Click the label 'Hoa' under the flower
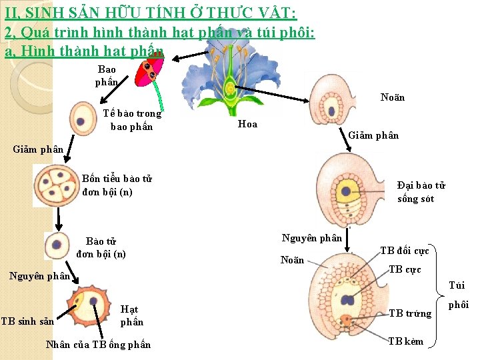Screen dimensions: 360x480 pos(247,124)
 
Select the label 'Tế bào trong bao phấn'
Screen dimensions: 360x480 pos(131,120)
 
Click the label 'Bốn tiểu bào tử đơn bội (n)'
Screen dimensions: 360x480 pos(117,185)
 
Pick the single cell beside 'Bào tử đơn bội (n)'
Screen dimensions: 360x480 pos(57,245)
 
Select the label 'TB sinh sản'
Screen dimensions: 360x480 pos(27,321)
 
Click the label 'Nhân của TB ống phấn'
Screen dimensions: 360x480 pos(98,344)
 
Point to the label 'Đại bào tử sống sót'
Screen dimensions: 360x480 pos(421,192)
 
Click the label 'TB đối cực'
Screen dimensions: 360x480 pos(405,251)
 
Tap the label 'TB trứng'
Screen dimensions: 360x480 pos(410,313)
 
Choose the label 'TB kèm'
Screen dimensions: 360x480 pos(406,341)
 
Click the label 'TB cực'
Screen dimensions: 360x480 pos(405,269)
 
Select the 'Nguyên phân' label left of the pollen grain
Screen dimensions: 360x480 pos(41,275)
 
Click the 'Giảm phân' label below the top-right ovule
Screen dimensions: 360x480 pos(373,135)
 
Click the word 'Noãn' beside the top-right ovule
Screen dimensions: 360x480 pos(393,97)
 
